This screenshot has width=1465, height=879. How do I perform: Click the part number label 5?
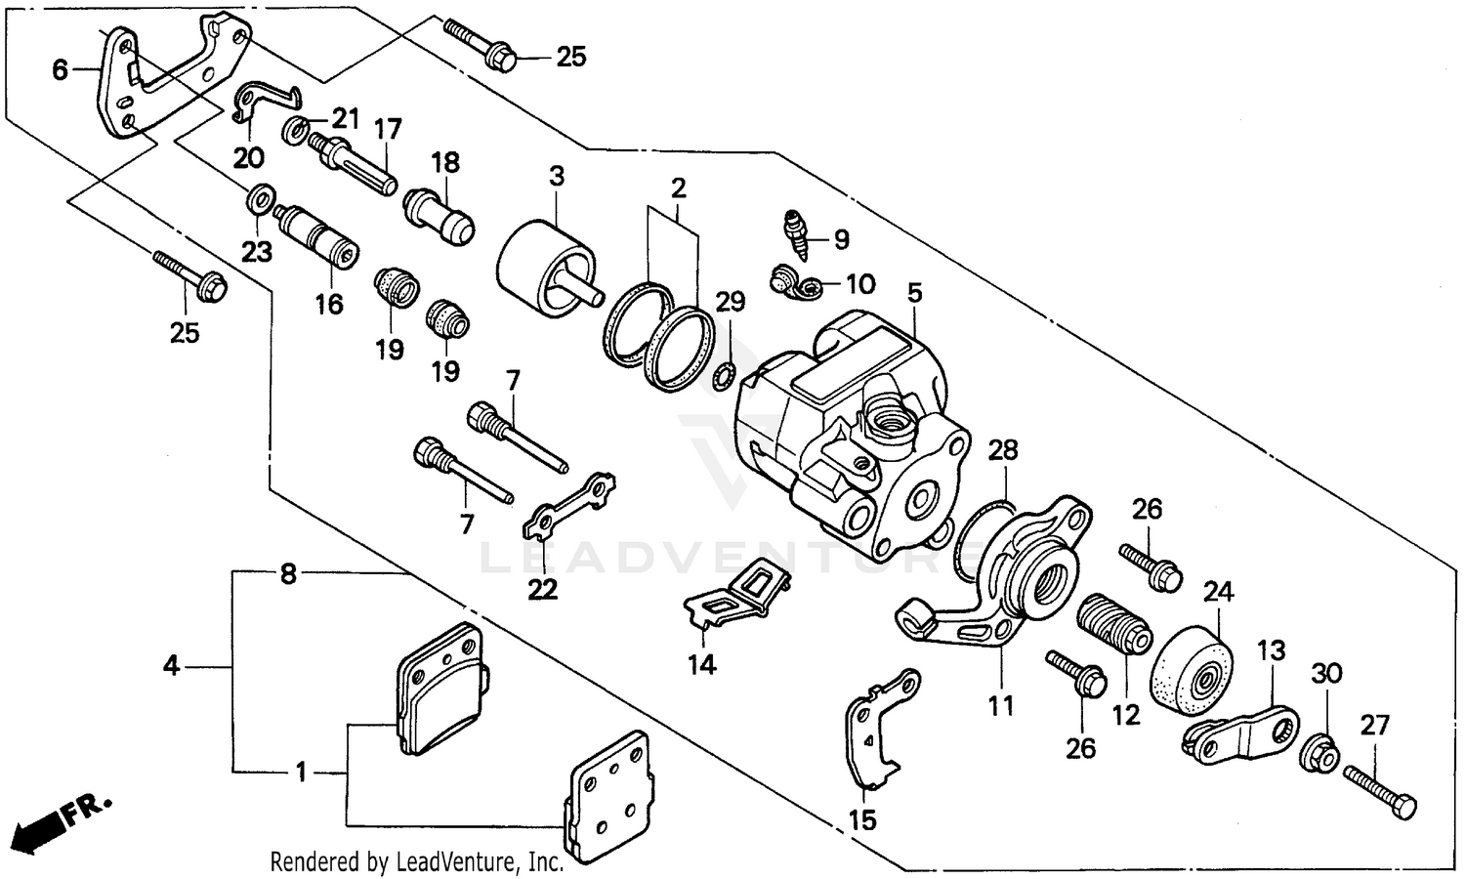coord(914,292)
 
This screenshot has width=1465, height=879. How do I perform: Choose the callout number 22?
coord(543,589)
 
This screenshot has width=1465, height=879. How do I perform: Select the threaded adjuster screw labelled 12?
coord(1113,627)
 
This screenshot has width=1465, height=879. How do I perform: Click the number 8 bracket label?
coord(287,574)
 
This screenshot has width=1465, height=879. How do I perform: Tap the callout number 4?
coord(172,667)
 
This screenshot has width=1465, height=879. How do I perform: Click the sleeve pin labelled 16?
coord(317,237)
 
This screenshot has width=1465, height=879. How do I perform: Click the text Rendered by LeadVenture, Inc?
coord(416,861)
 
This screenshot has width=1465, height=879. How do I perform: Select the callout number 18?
coord(445,161)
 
